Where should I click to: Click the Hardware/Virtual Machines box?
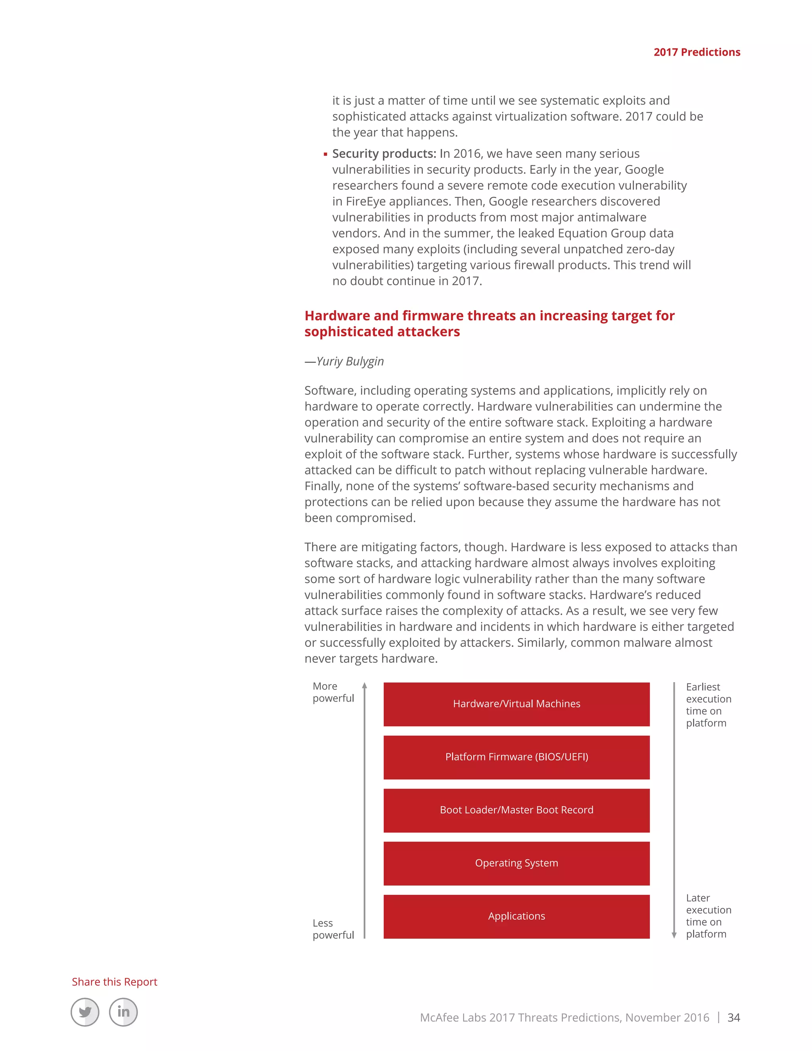(516, 704)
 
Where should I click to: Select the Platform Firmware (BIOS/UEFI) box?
(516, 757)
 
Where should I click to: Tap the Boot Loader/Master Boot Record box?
(516, 810)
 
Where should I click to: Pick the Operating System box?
(516, 863)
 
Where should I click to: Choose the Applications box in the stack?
(516, 916)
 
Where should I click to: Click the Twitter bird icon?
(85, 1012)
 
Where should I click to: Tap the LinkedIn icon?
(123, 1012)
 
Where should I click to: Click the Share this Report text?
(115, 982)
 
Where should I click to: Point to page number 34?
(733, 1017)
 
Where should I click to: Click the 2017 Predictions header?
(697, 52)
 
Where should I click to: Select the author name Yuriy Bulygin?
(350, 361)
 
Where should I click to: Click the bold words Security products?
(384, 153)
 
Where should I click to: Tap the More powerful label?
(333, 692)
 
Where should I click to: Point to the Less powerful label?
(333, 929)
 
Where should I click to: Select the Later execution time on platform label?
(708, 916)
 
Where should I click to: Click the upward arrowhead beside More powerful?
(365, 685)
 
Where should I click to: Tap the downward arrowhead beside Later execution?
(674, 935)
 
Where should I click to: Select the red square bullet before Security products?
(326, 154)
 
